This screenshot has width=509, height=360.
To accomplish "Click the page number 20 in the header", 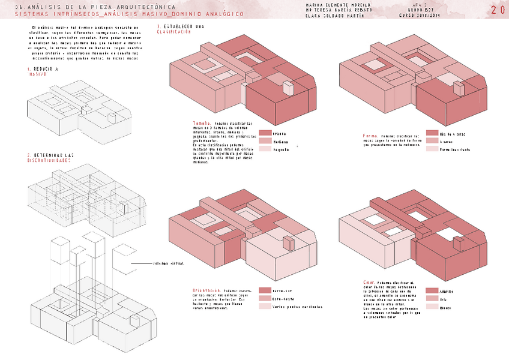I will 498,10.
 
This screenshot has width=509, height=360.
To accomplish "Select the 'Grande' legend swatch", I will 265,133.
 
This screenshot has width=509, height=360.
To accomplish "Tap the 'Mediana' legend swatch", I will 265,141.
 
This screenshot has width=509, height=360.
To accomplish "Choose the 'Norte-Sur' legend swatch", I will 265,290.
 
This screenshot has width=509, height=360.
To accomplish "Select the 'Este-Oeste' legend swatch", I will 265,298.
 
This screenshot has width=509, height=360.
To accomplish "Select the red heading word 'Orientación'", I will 206,290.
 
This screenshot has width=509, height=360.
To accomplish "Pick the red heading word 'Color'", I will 369,281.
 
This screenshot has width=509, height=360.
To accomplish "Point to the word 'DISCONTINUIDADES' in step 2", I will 49,161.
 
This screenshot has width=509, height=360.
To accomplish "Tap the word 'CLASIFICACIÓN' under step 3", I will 173,32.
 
